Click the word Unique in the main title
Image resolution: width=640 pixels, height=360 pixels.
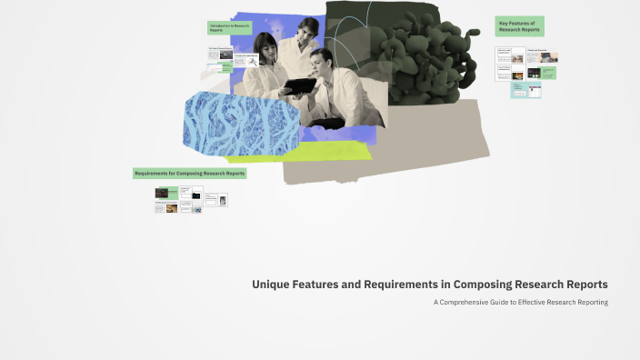click(x=269, y=285)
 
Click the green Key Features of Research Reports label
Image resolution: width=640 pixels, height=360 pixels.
click(x=519, y=26)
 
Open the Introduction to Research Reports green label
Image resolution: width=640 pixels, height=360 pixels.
click(x=229, y=28)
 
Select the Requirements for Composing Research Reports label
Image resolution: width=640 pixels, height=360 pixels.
click(x=189, y=173)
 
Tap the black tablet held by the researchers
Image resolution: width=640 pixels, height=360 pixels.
click(x=297, y=86)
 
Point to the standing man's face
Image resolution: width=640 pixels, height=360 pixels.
click(x=308, y=31)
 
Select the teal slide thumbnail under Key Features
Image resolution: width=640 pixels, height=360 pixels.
click(x=525, y=90)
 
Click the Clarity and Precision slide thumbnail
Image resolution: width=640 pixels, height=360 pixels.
click(x=540, y=55)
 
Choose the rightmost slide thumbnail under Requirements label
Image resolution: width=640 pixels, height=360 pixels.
click(x=223, y=199)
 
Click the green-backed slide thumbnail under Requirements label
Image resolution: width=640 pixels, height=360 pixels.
click(x=166, y=193)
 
